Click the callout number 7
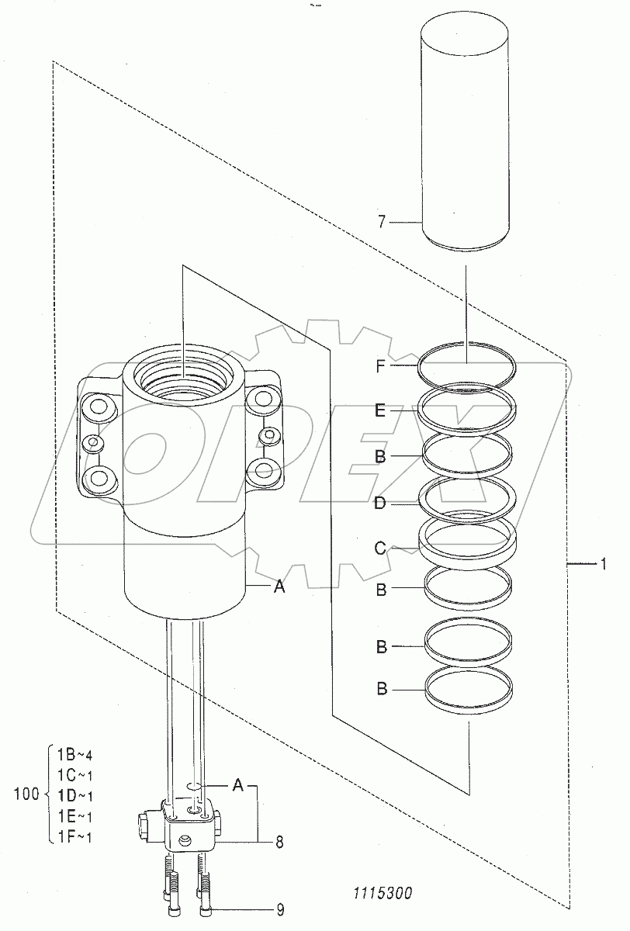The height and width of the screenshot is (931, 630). click(x=382, y=222)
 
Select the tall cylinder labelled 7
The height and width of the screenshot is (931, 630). click(x=465, y=133)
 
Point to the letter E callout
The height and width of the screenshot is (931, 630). click(x=380, y=410)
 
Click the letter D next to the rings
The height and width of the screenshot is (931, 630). click(x=380, y=504)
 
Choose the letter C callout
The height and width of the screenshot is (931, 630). click(x=380, y=549)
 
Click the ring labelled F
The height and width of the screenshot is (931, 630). click(x=466, y=391)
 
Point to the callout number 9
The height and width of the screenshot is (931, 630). click(x=281, y=910)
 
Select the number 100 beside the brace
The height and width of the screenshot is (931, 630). click(x=26, y=794)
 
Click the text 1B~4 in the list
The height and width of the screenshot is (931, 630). click(x=74, y=754)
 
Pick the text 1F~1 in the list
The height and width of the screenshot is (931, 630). click(x=74, y=836)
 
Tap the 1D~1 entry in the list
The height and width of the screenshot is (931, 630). click(x=74, y=796)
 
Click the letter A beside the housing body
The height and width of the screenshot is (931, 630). click(x=279, y=587)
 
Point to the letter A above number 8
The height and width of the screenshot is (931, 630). click(x=237, y=784)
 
